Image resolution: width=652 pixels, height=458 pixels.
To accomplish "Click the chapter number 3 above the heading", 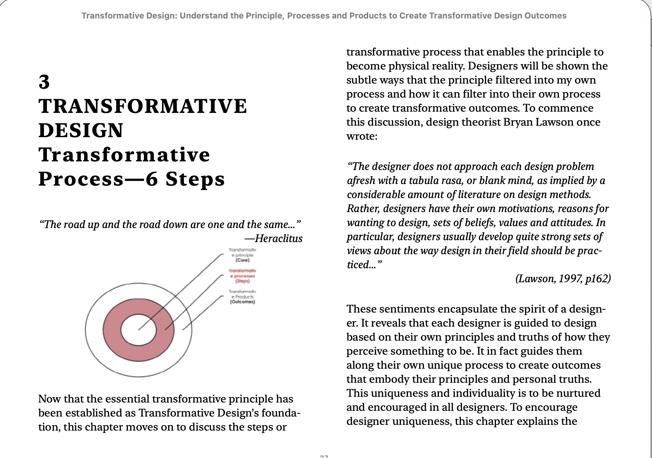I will (44, 82).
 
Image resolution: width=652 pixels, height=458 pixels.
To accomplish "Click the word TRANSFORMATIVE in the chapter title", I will (143, 106).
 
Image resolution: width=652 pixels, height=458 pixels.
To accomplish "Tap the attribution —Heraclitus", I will (273, 238).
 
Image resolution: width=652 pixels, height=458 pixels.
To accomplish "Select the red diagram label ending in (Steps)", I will (242, 276).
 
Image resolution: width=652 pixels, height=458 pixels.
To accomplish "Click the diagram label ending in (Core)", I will (242, 255).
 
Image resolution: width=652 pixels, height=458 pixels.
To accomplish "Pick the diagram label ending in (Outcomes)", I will (242, 297).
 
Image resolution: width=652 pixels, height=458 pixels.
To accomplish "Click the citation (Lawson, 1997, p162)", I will (563, 279).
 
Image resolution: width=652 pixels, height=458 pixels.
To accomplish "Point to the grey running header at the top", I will (324, 16).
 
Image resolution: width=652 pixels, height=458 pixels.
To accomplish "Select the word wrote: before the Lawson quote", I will (362, 136).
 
